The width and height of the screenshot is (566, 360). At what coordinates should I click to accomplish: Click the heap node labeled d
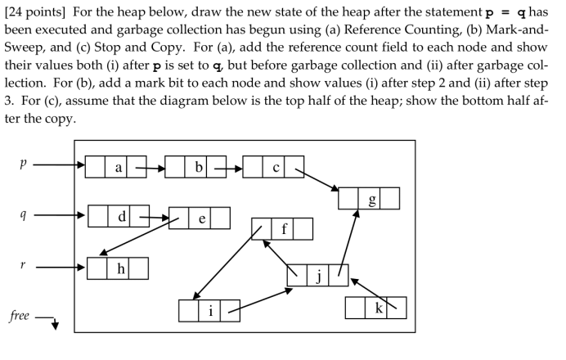(119, 216)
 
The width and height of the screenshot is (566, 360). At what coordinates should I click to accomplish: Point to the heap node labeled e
(200, 218)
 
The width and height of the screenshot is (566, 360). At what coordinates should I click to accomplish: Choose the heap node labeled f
(282, 229)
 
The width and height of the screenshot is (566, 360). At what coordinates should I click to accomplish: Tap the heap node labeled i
(210, 311)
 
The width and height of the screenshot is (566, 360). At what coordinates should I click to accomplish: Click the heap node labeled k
(375, 308)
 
